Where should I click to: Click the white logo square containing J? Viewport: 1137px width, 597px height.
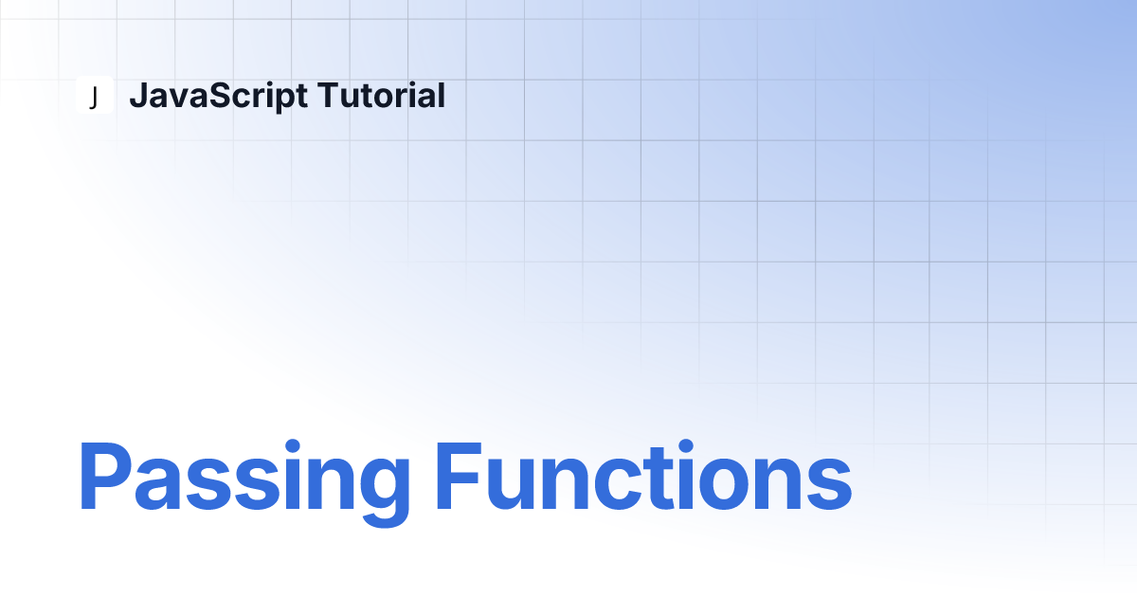[x=95, y=95]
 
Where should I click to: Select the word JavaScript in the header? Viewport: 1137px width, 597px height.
[x=219, y=97]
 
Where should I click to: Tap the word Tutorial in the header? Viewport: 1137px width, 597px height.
[x=382, y=95]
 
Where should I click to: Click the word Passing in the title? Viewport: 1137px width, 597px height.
[x=244, y=482]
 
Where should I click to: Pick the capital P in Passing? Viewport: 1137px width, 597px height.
[x=105, y=475]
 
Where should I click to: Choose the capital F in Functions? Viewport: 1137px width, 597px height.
[x=459, y=475]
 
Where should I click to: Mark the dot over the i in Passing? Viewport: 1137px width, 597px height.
[x=293, y=445]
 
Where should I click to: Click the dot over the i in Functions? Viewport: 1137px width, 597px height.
[x=686, y=445]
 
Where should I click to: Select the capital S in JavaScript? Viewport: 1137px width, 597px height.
[x=220, y=96]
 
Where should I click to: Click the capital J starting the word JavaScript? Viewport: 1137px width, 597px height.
[x=139, y=96]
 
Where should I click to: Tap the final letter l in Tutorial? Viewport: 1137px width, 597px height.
[x=442, y=95]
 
